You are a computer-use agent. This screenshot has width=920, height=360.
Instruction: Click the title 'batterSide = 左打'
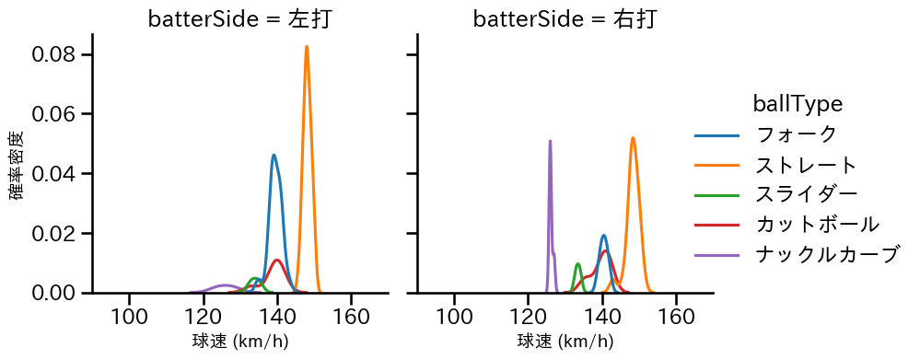[239, 19]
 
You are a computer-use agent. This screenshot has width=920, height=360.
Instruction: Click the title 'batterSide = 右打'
[565, 19]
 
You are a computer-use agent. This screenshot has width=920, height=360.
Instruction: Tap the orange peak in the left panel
[307, 47]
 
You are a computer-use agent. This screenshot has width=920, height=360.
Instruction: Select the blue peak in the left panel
[274, 156]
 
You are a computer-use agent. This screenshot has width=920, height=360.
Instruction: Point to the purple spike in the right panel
[550, 142]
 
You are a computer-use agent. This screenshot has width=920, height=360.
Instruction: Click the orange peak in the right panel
[633, 138]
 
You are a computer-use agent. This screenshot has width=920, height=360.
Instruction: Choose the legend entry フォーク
[796, 134]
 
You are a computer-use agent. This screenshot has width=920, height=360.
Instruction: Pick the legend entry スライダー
[806, 195]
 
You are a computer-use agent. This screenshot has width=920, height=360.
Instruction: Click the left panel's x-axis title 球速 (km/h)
[239, 342]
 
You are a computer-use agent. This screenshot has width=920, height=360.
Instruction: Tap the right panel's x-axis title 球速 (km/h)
[565, 342]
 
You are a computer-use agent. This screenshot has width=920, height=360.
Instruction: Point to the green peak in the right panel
[577, 265]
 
